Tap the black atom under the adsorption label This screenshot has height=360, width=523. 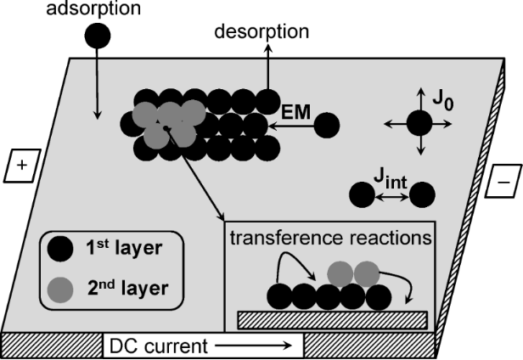(98, 36)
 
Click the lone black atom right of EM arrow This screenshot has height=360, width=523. (327, 127)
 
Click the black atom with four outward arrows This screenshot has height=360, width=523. (419, 124)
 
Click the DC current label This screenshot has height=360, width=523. (144, 346)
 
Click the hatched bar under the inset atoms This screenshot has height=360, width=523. (332, 319)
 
